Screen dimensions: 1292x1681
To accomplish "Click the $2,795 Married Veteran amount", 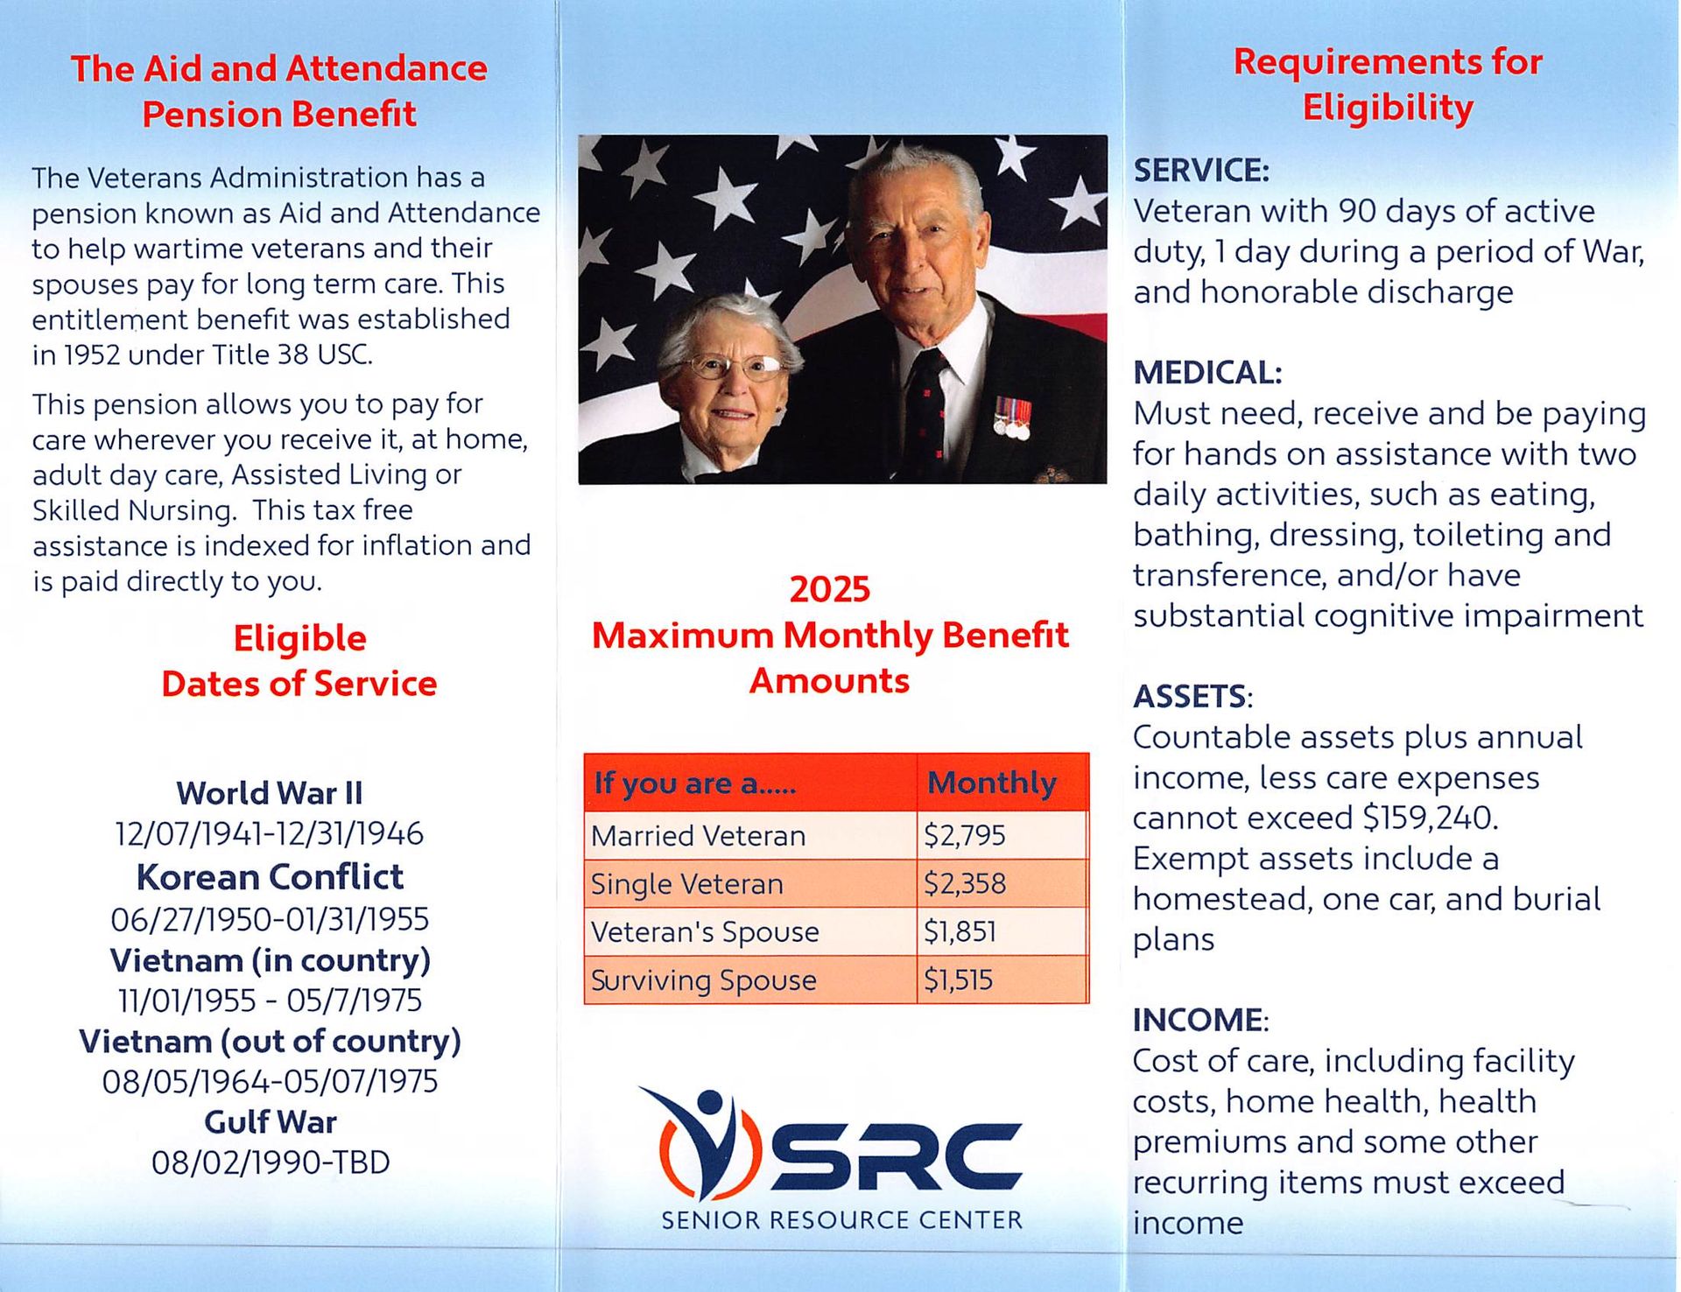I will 965,836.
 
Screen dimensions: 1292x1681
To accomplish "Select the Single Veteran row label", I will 687,884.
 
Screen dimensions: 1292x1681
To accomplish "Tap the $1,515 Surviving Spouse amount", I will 959,980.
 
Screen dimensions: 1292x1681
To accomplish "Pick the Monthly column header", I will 992,783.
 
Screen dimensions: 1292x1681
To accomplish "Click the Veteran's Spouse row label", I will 705,932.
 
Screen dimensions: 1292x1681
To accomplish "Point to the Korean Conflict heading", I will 270,877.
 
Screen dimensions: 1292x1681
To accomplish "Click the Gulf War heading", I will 270,1122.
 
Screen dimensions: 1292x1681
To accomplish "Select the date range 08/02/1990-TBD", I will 271,1162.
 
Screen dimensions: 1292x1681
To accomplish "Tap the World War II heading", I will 270,793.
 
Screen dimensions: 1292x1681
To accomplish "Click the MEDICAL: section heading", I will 1207,373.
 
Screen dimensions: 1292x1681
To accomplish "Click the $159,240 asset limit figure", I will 1428,818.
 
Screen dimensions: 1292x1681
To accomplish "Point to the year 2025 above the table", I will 830,589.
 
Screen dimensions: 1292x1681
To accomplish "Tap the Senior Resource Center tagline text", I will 841,1219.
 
